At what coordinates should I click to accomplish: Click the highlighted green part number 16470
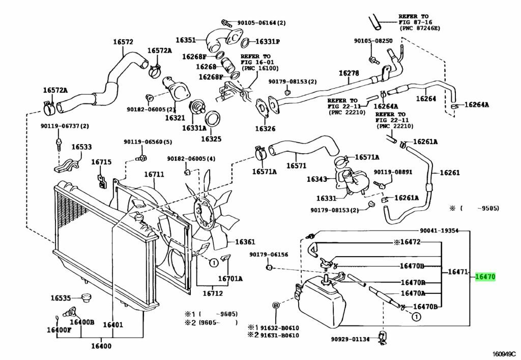point(485,277)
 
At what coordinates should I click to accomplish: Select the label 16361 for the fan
point(245,242)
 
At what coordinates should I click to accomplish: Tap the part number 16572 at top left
point(123,42)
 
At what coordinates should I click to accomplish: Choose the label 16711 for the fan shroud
point(154,175)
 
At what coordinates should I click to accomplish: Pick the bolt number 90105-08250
point(373,41)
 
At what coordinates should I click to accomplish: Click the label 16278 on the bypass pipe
point(349,73)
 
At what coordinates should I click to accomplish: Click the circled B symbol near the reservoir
point(276,306)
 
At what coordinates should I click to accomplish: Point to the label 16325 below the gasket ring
point(211,138)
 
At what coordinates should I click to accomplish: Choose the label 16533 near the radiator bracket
point(81,147)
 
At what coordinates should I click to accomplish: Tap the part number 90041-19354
point(440,231)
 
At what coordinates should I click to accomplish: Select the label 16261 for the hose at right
point(450,173)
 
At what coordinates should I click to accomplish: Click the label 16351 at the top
point(186,40)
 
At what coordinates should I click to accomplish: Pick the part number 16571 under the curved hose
point(296,165)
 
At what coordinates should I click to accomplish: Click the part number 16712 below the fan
point(213,293)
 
